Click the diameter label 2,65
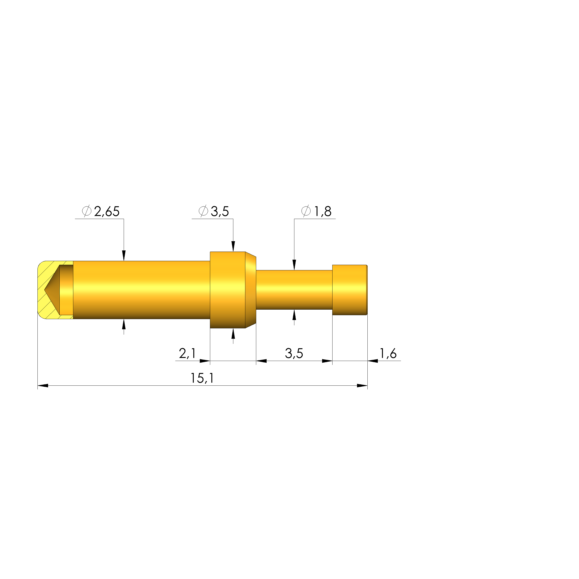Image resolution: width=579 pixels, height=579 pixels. tap(107, 212)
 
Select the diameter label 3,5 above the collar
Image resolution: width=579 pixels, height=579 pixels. tap(220, 212)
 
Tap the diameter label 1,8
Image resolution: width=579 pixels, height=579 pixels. tap(323, 212)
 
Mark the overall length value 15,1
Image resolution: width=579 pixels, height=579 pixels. tap(202, 379)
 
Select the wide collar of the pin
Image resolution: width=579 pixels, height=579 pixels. tap(228, 290)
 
